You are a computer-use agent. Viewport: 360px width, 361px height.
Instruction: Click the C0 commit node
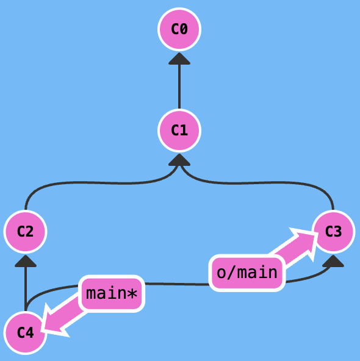pos(179,29)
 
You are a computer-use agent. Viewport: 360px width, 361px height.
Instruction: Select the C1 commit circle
pos(179,130)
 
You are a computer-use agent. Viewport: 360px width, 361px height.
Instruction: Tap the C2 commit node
pos(26,232)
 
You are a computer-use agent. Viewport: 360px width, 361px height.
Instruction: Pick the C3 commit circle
pos(333,232)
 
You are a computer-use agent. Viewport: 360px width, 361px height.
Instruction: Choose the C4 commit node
pos(26,333)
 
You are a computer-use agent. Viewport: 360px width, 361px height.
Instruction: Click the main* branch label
pos(112,294)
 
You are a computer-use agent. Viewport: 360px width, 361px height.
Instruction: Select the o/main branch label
pos(247,273)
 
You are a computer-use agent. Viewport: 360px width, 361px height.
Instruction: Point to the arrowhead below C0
pos(179,59)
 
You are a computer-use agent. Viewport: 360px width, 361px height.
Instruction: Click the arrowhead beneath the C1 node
pos(179,160)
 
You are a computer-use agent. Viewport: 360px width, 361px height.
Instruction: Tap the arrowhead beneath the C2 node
pos(26,261)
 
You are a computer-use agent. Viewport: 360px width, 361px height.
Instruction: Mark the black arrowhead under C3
pos(333,261)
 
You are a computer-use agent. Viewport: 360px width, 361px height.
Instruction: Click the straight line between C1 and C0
pos(179,87)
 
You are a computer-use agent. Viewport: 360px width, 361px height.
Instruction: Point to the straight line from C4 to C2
pos(26,289)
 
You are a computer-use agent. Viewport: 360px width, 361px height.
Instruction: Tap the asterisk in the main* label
pos(132,293)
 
